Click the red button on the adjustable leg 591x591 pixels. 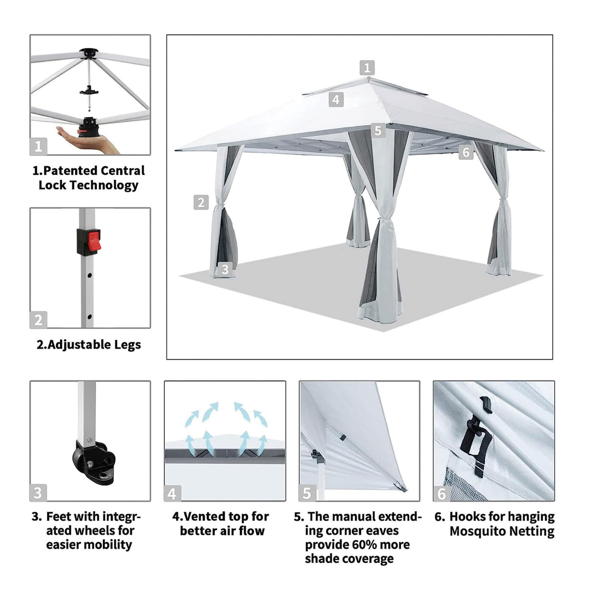[x=95, y=242]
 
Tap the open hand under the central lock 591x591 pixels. [x=88, y=141]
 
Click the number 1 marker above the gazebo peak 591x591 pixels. [x=367, y=68]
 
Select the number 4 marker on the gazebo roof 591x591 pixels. [x=336, y=100]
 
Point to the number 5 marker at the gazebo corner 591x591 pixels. [x=378, y=130]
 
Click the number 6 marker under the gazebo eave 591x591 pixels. [x=466, y=152]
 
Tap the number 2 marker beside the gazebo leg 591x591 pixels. [x=201, y=202]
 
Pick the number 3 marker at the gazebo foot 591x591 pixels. [x=225, y=269]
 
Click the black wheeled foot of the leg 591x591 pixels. [x=94, y=462]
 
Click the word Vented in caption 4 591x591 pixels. [x=206, y=517]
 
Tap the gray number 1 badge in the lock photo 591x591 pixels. [x=38, y=146]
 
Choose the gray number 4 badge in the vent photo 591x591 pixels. [x=172, y=494]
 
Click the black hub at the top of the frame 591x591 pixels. [x=88, y=53]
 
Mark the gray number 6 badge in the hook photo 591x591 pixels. [x=442, y=493]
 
